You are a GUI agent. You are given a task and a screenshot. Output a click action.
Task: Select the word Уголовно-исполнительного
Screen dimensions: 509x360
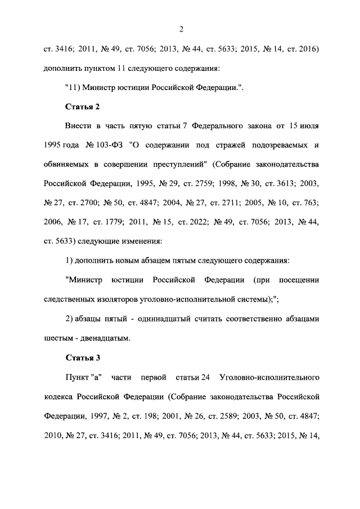[272, 377]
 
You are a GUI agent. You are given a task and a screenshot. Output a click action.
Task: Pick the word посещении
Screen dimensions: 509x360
[300, 280]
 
